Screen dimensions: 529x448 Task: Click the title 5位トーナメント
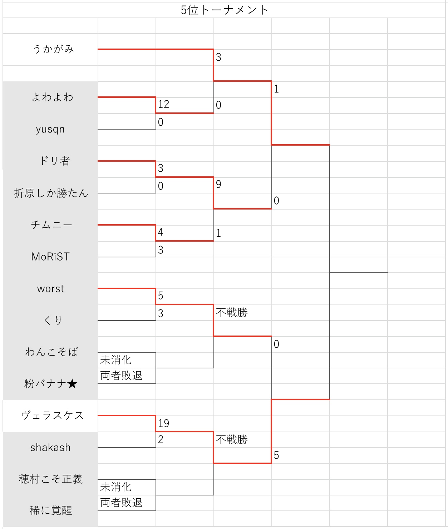pyautogui.click(x=224, y=10)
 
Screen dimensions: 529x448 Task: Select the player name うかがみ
pyautogui.click(x=53, y=49)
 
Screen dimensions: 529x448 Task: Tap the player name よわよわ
pyautogui.click(x=53, y=97)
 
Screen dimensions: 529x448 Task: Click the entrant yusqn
pyautogui.click(x=50, y=129)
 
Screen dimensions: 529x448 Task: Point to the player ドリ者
pyautogui.click(x=54, y=161)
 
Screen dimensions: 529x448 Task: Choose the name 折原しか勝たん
pyautogui.click(x=51, y=193)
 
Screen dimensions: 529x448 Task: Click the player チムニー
pyautogui.click(x=51, y=225)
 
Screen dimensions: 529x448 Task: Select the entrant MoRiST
pyautogui.click(x=50, y=257)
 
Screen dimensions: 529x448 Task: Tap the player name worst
pyautogui.click(x=51, y=289)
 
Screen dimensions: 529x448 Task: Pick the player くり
pyautogui.click(x=53, y=321)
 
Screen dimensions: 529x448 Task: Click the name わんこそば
pyautogui.click(x=51, y=352)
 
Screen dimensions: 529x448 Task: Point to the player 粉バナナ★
pyautogui.click(x=51, y=384)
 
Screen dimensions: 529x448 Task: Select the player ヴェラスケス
pyautogui.click(x=52, y=415)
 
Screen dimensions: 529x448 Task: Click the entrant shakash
pyautogui.click(x=50, y=448)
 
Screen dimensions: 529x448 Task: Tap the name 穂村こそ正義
pyautogui.click(x=51, y=479)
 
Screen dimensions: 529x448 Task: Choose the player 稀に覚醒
pyautogui.click(x=51, y=511)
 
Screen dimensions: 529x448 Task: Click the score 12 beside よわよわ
pyautogui.click(x=163, y=104)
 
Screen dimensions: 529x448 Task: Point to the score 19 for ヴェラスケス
pyautogui.click(x=163, y=423)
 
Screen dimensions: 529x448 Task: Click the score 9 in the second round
pyautogui.click(x=218, y=184)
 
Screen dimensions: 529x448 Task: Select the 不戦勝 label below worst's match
pyautogui.click(x=232, y=313)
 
